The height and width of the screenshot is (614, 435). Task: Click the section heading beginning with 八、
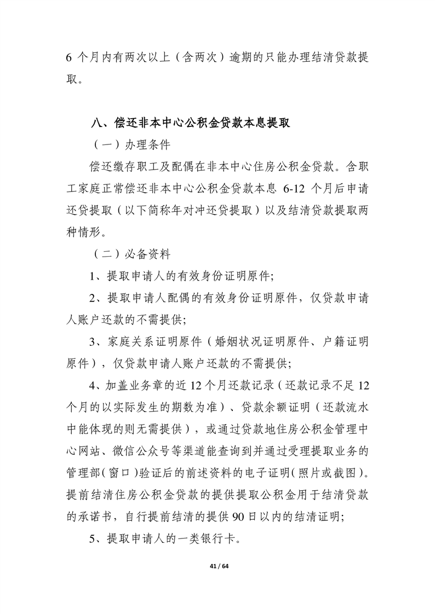click(190, 123)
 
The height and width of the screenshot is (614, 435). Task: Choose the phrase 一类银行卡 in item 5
click(208, 538)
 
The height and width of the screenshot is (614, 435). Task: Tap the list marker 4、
click(98, 385)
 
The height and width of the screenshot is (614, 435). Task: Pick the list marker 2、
click(98, 298)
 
